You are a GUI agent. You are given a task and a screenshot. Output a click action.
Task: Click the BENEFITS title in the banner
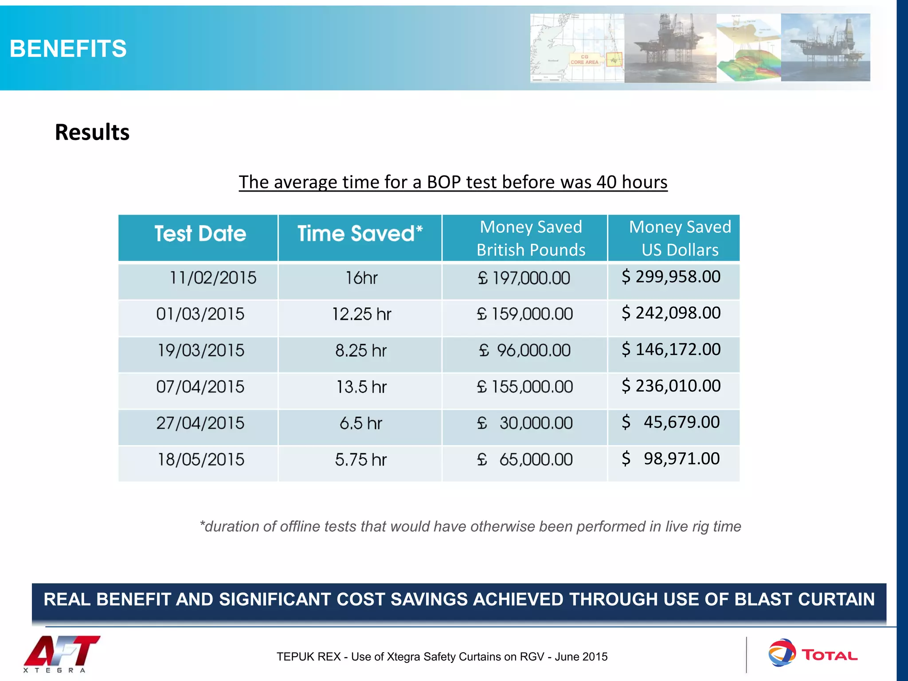[x=68, y=48]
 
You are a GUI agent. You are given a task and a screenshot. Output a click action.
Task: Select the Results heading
[x=92, y=132]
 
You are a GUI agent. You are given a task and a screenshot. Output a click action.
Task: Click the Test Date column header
[x=200, y=234]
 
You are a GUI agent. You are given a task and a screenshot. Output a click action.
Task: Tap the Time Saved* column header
[x=360, y=234]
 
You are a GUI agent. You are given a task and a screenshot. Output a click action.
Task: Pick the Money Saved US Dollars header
[x=679, y=239]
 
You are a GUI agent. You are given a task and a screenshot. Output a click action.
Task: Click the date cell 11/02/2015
[x=213, y=278]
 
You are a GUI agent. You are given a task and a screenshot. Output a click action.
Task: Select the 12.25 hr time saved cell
[x=361, y=314]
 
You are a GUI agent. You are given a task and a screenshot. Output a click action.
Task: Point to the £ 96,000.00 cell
[x=524, y=351]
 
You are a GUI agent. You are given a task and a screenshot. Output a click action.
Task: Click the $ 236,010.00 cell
[x=671, y=386]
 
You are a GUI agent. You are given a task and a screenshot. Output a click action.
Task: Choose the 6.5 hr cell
[x=360, y=423]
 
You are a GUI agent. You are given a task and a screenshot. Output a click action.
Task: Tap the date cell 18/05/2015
[x=201, y=460]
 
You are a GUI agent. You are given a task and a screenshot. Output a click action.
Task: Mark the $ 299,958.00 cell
[x=671, y=277]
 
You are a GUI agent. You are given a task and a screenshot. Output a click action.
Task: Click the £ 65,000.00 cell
[x=524, y=460]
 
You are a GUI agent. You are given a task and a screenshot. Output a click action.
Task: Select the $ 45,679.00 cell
[x=671, y=423]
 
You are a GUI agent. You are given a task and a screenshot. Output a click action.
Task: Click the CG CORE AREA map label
[x=584, y=59]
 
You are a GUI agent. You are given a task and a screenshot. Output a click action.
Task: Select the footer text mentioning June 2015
[x=442, y=657]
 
